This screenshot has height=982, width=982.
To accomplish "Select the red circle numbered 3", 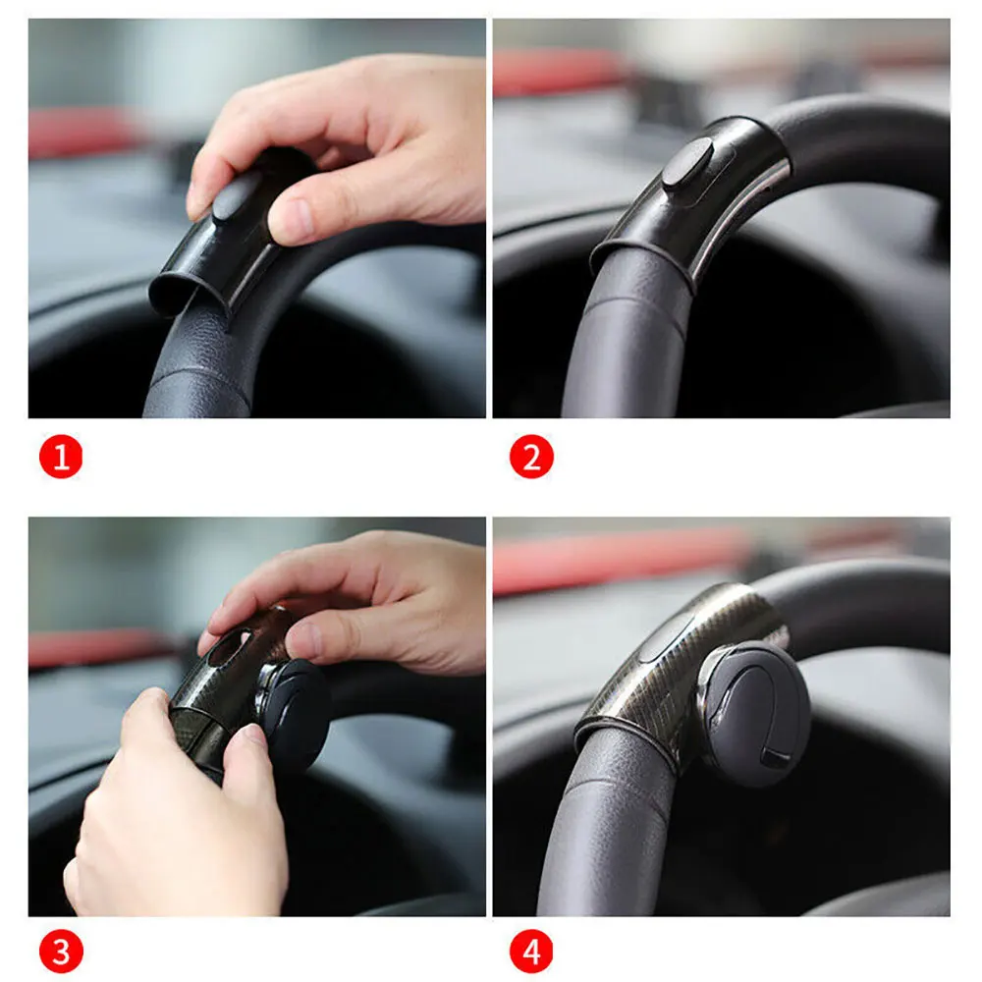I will click(61, 952).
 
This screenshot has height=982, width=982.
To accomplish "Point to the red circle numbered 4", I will click(531, 952).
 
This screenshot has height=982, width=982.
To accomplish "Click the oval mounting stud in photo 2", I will click(686, 163).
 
